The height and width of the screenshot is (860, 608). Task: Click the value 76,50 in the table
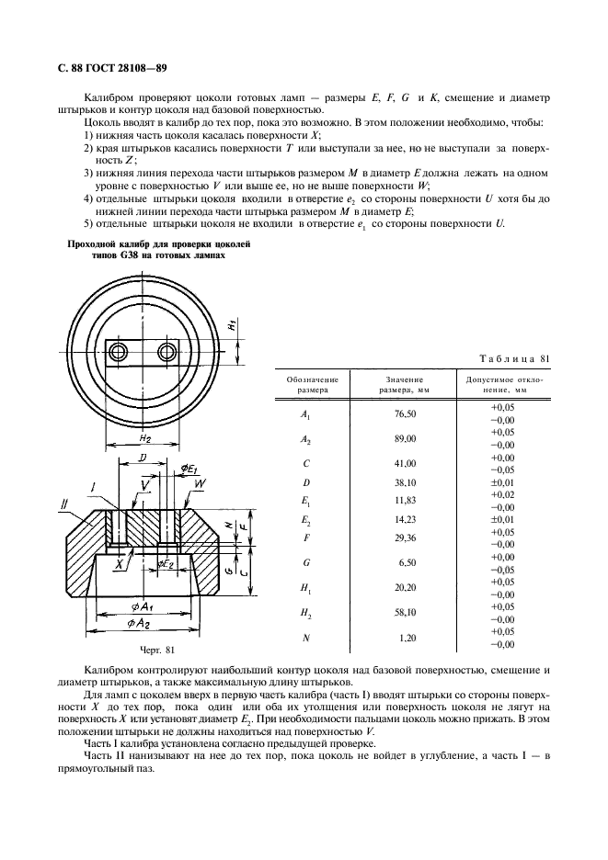point(406,414)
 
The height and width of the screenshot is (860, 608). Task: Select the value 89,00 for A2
point(406,440)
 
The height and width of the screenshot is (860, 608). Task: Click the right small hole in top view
point(166,352)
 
